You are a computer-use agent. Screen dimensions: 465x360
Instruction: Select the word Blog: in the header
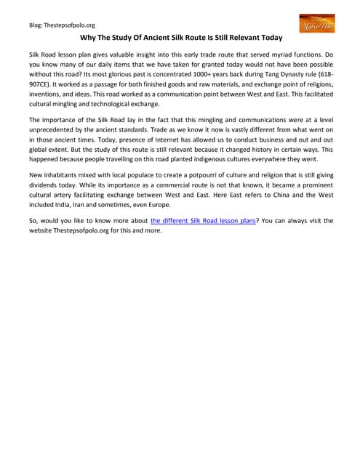click(x=36, y=24)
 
